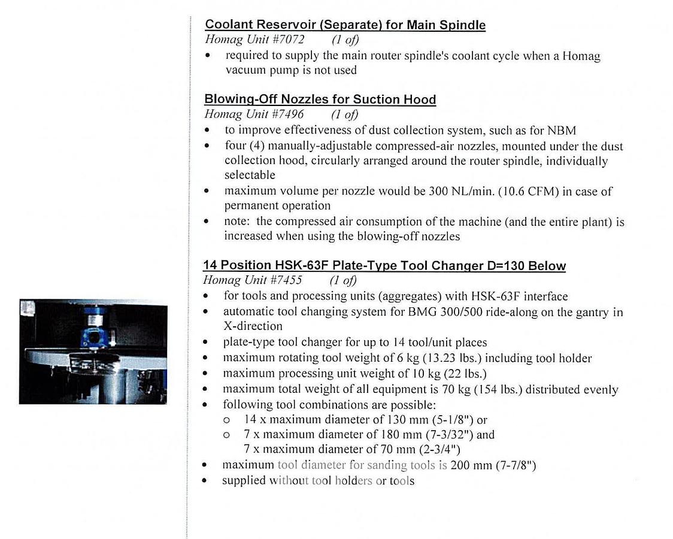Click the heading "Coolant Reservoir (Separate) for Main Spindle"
pos(345,25)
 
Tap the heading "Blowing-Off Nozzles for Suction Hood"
pos(320,99)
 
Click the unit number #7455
pos(286,280)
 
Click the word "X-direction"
pos(253,326)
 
